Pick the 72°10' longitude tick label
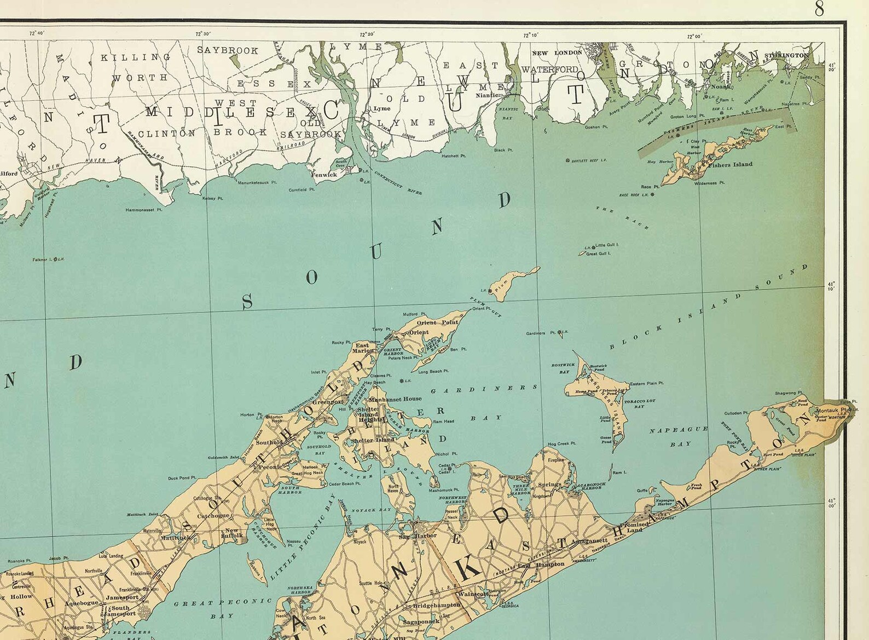click(x=530, y=35)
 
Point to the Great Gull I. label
click(x=598, y=254)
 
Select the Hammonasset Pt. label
click(x=144, y=209)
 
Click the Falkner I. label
click(x=42, y=260)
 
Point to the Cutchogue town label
click(x=214, y=516)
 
